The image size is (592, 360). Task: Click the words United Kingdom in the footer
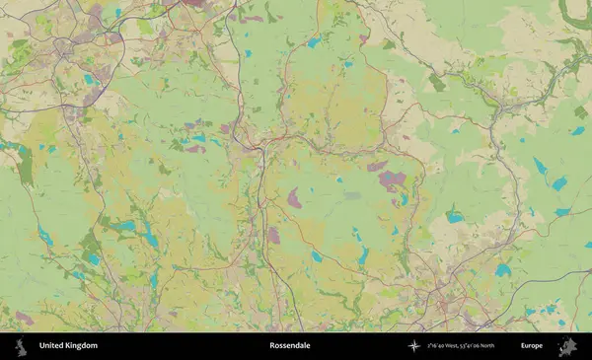[x=68, y=346]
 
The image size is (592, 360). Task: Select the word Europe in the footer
[x=532, y=346]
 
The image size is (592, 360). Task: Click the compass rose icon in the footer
[x=414, y=346]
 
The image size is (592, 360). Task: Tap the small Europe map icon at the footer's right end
[x=569, y=346]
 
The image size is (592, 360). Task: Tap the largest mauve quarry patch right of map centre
[x=392, y=180]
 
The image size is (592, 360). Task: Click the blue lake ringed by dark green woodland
[x=455, y=217]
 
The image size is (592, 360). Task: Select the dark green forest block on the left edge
[x=25, y=170]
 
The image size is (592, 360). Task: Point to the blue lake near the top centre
[x=313, y=42]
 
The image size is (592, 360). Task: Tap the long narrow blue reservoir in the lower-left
[x=44, y=235]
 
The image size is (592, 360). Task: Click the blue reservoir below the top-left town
[x=89, y=80]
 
